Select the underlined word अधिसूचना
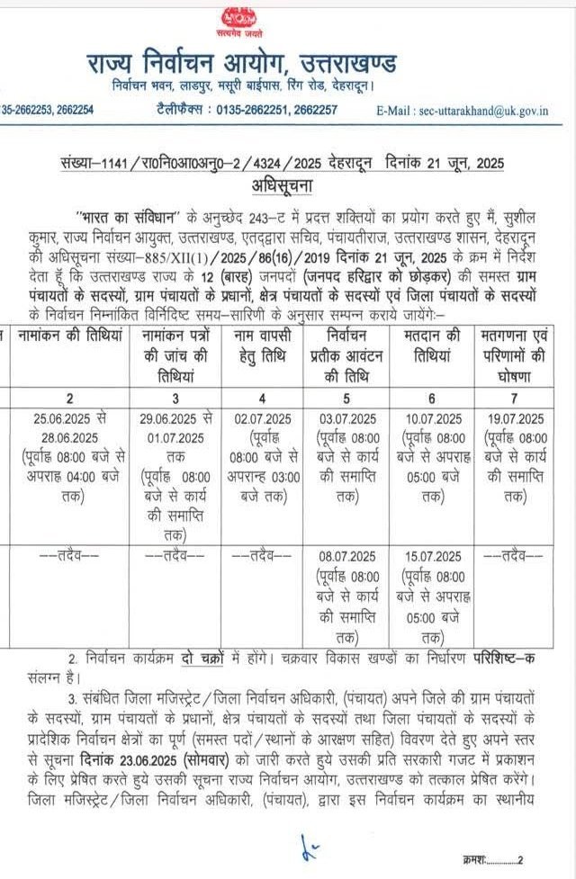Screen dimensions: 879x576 click(287, 186)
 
